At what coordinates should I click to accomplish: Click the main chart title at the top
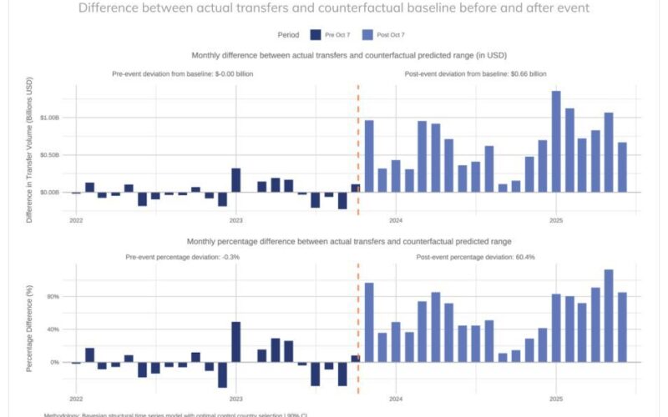click(x=333, y=8)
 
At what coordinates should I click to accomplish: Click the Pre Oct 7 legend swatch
click(x=316, y=35)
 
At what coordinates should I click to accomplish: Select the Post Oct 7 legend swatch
click(x=369, y=35)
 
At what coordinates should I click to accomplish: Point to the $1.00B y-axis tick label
click(x=49, y=118)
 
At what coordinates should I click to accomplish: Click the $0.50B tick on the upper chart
click(x=49, y=155)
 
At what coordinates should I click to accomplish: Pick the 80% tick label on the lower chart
click(x=53, y=296)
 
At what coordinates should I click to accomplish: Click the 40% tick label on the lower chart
click(x=53, y=329)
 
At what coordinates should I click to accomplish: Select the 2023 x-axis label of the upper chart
click(x=236, y=221)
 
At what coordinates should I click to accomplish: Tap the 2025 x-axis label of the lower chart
click(x=556, y=400)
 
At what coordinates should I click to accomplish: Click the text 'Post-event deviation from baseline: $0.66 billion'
click(x=481, y=74)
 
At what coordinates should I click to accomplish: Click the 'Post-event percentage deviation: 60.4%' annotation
click(x=475, y=257)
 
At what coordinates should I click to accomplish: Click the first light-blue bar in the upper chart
click(x=369, y=156)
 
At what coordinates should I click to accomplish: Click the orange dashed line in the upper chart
click(x=358, y=150)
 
